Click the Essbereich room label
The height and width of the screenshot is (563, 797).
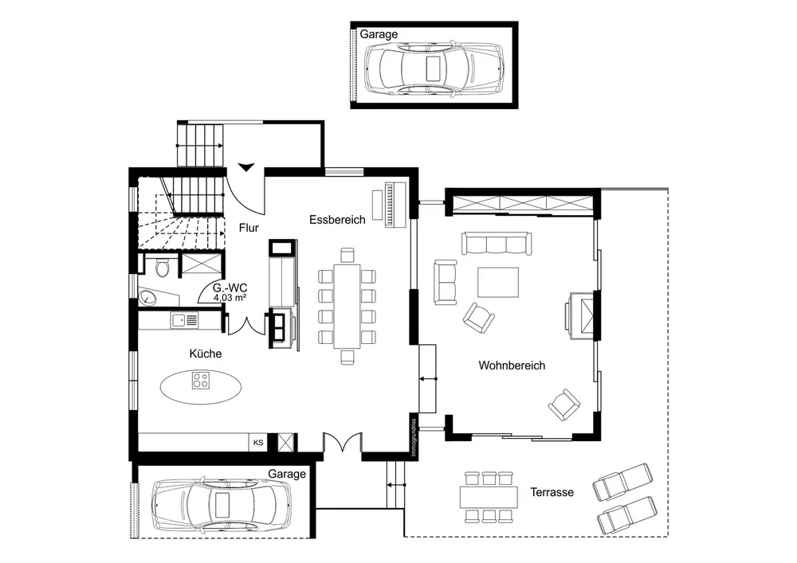click(x=337, y=220)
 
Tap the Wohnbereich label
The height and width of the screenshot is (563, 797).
click(x=512, y=366)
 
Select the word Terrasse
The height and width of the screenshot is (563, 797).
click(x=552, y=492)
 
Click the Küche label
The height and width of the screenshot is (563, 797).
click(x=206, y=354)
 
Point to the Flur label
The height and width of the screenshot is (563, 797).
click(x=249, y=228)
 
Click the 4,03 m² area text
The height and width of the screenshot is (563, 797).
click(x=230, y=298)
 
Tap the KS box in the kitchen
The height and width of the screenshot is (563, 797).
click(x=258, y=442)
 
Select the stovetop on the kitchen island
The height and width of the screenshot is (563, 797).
click(x=200, y=380)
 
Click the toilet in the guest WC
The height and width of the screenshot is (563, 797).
click(x=162, y=267)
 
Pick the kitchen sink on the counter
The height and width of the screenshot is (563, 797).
click(x=185, y=320)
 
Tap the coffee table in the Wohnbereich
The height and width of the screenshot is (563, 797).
click(x=497, y=282)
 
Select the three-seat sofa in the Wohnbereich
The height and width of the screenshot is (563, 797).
click(x=497, y=243)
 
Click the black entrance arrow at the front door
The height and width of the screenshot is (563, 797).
click(x=246, y=167)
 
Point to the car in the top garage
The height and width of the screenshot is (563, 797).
click(x=434, y=68)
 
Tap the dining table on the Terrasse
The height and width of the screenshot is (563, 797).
click(x=489, y=497)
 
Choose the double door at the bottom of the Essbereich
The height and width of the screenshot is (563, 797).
click(x=343, y=441)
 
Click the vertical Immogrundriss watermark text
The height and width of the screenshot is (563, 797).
click(x=414, y=437)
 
